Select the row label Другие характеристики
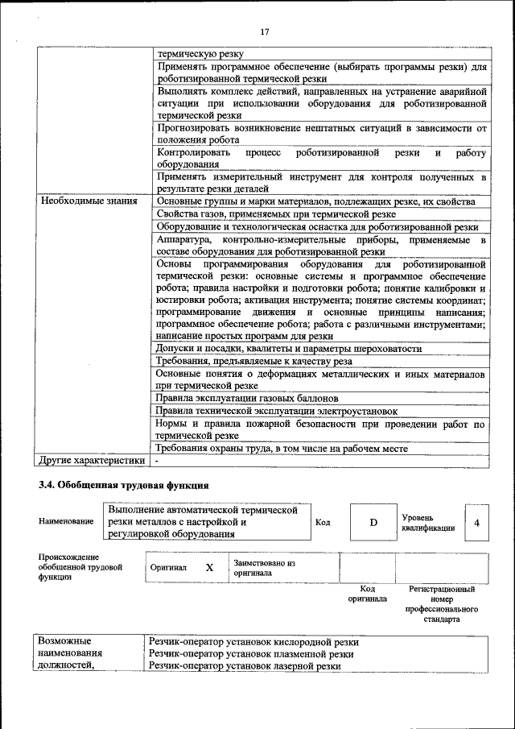[x=92, y=461]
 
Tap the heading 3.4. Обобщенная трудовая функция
[x=124, y=486]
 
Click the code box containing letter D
[x=373, y=522]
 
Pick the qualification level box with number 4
[x=477, y=522]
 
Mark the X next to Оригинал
[x=209, y=567]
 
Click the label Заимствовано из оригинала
[x=265, y=568]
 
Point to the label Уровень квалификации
[x=428, y=522]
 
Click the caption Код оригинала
[x=367, y=594]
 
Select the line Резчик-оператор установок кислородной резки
[x=253, y=642]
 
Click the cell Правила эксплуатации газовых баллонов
[x=247, y=398]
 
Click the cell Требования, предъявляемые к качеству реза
[x=253, y=361]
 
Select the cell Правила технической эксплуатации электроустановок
[x=277, y=411]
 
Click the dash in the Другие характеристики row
[x=158, y=461]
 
